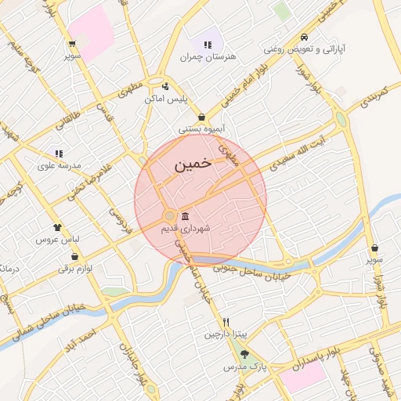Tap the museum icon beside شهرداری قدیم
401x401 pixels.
coord(184,216)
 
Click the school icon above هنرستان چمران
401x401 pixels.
coord(208,45)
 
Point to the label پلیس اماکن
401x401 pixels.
coord(164,99)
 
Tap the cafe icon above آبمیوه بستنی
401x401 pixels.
coord(202,117)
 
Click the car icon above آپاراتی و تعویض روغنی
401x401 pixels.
coord(304,37)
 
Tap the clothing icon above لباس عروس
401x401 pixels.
coord(58,226)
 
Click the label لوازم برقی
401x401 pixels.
coord(75,269)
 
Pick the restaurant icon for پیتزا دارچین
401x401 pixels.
coord(226,322)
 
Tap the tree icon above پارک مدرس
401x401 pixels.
coord(244,355)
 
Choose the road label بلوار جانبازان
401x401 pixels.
coord(128,367)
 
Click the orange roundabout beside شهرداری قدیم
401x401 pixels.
coord(170,215)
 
